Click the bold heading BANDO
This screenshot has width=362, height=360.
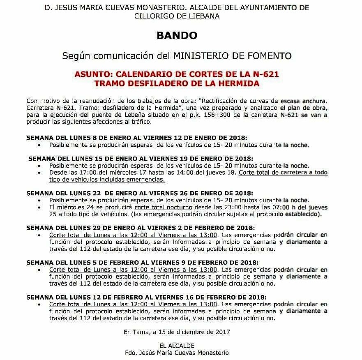pos(177,35)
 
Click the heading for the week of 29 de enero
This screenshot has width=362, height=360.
pos(141,228)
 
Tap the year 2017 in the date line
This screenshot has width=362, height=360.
pos(222,331)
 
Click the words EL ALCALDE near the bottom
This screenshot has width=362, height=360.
pos(177,346)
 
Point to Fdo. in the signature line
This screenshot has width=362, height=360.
pos(131,353)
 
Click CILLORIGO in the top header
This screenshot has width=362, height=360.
pos(152,16)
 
